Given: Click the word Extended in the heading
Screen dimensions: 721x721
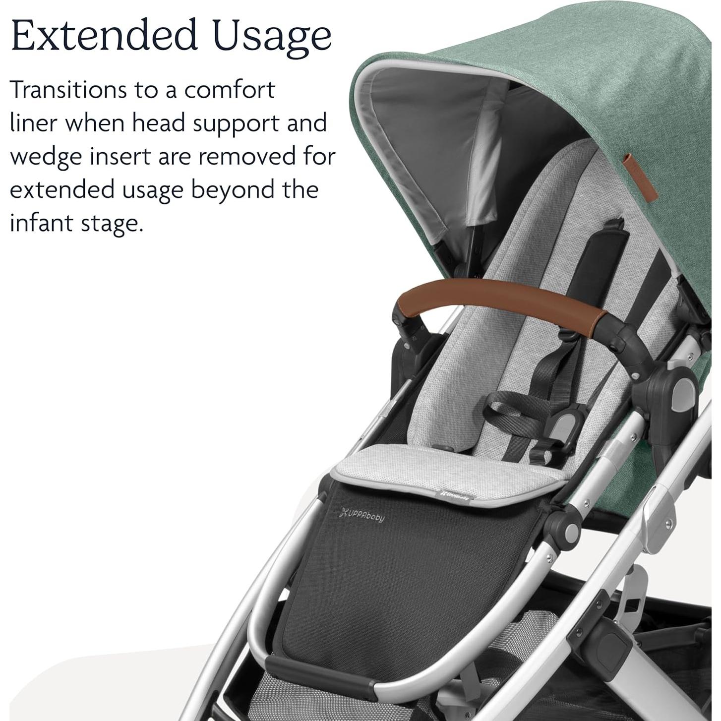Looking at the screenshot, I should (104, 36).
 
